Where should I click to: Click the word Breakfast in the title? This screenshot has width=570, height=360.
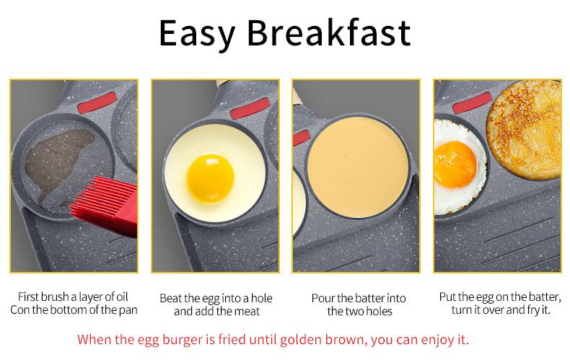[x=329, y=32]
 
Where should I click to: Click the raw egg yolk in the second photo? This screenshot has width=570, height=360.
[x=210, y=178]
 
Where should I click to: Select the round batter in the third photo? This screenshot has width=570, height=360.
[x=358, y=167]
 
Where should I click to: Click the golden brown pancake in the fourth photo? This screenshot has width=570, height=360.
[x=525, y=129]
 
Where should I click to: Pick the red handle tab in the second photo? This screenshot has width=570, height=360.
[x=250, y=108]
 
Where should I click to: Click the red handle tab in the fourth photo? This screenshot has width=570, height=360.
[x=472, y=102]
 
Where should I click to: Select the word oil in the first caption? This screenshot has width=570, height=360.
[x=122, y=297]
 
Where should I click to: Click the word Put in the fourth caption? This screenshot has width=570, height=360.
[x=447, y=297]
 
